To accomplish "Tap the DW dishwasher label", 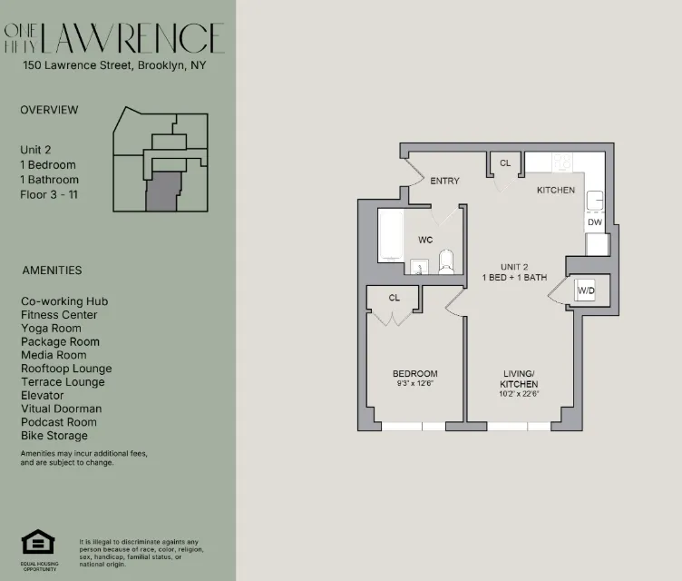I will [x=594, y=222].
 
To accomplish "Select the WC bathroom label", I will [x=425, y=241].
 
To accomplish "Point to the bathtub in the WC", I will [x=390, y=236].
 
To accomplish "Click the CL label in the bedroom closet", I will [x=395, y=298].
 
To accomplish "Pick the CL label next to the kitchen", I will [x=505, y=163].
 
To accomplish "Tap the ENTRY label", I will [x=444, y=181].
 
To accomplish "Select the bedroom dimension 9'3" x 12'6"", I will [x=414, y=384].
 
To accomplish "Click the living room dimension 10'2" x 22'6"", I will [x=520, y=394].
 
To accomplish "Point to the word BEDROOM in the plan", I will [x=414, y=374].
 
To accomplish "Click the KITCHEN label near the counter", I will [x=555, y=191].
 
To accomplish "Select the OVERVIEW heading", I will [x=49, y=110].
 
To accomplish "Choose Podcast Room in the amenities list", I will [x=58, y=422].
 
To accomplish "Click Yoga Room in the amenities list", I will [x=51, y=329].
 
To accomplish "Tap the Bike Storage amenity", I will [x=54, y=436].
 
